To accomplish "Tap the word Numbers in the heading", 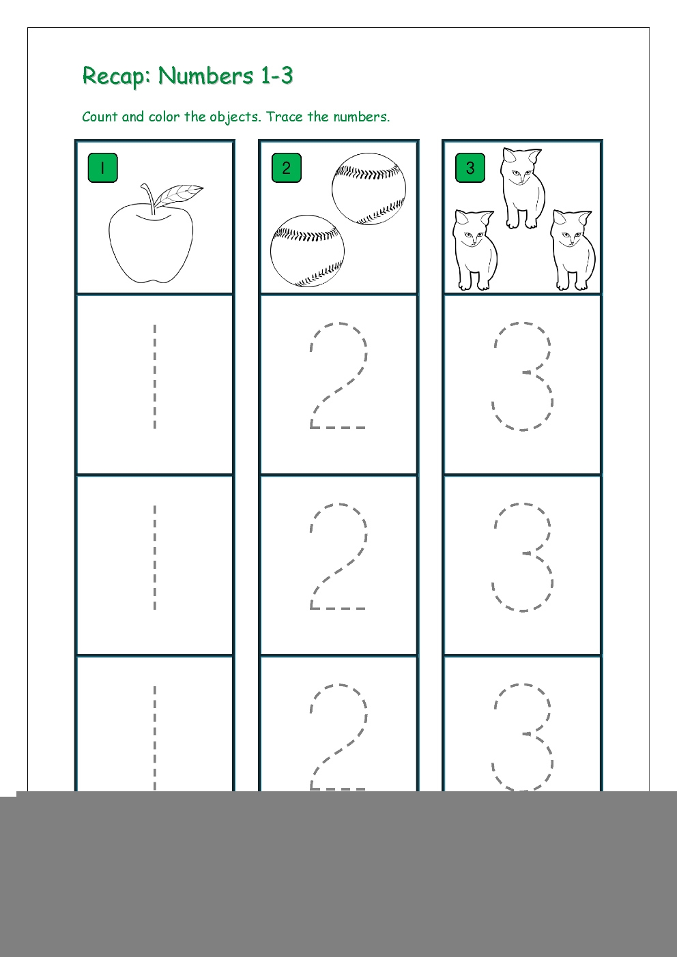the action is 206,75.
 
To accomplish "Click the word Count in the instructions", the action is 100,116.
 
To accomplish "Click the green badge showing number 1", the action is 102,168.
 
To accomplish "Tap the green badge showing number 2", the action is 287,168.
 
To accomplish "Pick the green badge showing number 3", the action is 470,168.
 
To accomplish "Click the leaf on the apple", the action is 178,195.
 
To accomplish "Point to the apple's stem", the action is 148,198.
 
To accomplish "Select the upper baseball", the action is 369,189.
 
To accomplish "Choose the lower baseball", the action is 307,251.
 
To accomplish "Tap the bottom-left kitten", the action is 475,250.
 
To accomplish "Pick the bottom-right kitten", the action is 573,250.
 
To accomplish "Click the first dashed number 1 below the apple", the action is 155,377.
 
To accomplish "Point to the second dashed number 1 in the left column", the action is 155,557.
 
